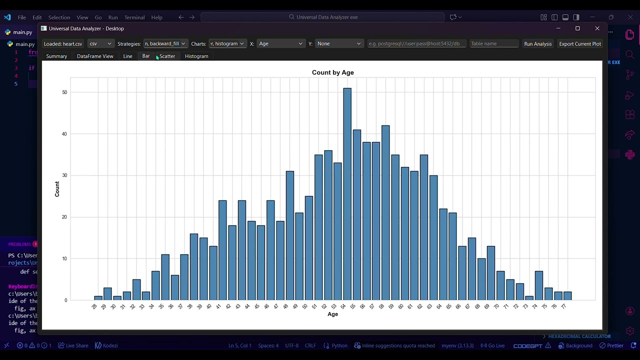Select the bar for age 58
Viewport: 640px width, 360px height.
(x=385, y=212)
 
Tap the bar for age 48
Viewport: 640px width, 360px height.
(x=290, y=235)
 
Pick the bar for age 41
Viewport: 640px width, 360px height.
(x=222, y=250)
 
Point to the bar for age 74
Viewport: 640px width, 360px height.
(x=538, y=285)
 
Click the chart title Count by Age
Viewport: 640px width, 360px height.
(x=332, y=72)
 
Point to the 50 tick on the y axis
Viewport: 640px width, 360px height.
(x=65, y=92)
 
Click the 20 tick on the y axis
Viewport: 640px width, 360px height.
(x=65, y=217)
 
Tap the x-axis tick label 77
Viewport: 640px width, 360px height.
(x=564, y=306)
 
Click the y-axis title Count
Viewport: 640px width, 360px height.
(x=57, y=189)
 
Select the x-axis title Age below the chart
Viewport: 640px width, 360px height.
(x=332, y=314)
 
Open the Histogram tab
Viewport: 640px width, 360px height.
(x=196, y=56)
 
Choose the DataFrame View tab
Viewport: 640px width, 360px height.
(x=95, y=56)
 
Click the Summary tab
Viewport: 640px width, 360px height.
(x=56, y=56)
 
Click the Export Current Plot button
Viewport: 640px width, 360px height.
(x=580, y=43)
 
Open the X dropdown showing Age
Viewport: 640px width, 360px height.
(x=280, y=43)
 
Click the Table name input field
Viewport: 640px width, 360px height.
(x=494, y=43)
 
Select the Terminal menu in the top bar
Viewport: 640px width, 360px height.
(x=134, y=17)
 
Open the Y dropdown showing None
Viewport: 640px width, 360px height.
(x=338, y=43)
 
